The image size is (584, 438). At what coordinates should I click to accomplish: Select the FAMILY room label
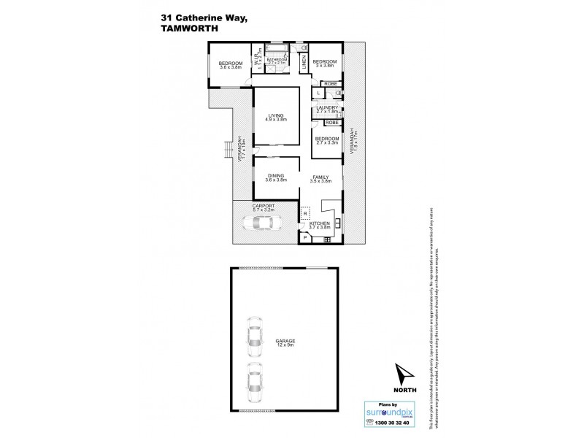[320, 178]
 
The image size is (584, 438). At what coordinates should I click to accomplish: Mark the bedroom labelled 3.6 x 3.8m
[231, 66]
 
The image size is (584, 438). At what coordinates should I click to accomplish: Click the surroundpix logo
[389, 412]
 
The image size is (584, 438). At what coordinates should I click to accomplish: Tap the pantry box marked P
[304, 238]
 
